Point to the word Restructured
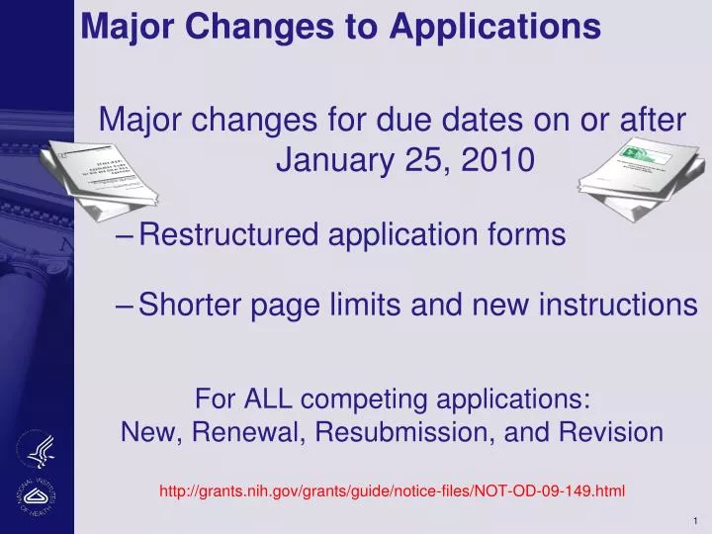pyautogui.click(x=230, y=235)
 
